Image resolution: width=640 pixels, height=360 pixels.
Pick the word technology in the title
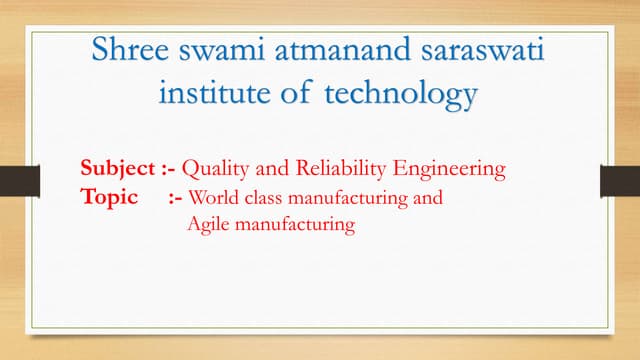point(400,96)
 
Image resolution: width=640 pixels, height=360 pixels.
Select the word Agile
point(206,225)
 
